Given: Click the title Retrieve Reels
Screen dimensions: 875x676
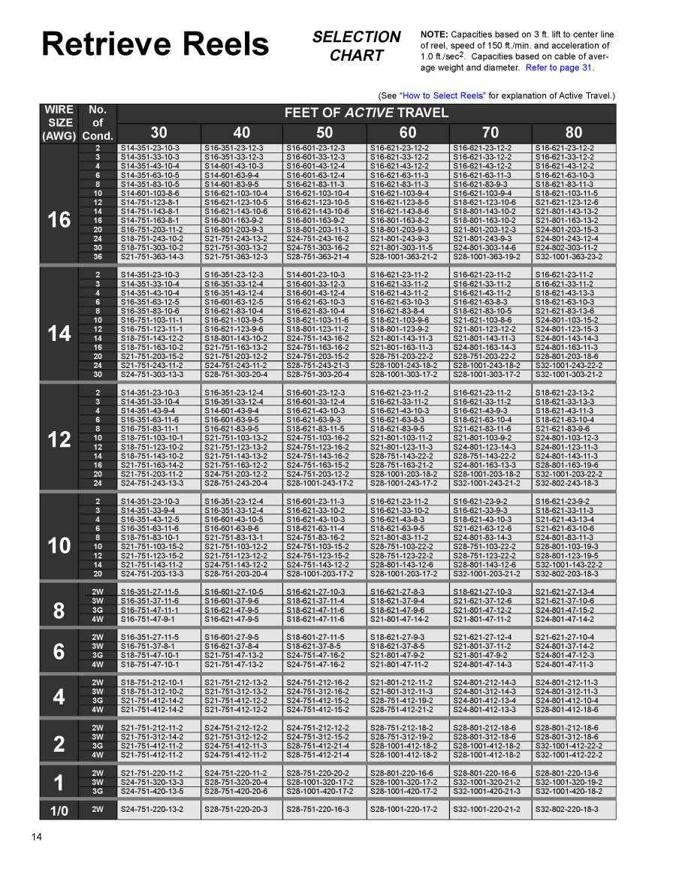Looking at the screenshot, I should point(155,44).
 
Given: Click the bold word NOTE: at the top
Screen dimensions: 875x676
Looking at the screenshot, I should point(433,35).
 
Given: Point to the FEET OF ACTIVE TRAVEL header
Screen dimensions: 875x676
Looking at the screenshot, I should point(367,113).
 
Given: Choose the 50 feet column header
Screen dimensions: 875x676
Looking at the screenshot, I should point(325,132).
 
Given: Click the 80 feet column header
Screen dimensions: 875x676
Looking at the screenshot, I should point(573,132).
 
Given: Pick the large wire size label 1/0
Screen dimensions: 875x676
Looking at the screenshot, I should point(59,809).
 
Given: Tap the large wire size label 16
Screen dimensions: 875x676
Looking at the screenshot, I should point(59,220).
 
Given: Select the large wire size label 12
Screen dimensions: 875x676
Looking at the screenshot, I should point(59,439).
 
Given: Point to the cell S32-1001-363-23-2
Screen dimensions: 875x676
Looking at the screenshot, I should point(573,256).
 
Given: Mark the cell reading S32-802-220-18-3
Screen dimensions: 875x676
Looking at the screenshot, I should point(573,809).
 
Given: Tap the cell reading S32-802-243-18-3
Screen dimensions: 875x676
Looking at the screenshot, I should point(573,483).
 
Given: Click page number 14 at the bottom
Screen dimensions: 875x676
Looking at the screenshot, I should point(37,837).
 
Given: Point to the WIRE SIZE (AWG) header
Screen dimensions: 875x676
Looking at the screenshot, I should point(59,123).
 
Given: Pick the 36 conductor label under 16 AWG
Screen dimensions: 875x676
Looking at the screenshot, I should point(98,256).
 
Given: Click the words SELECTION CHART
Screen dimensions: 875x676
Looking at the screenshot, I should point(356,46).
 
